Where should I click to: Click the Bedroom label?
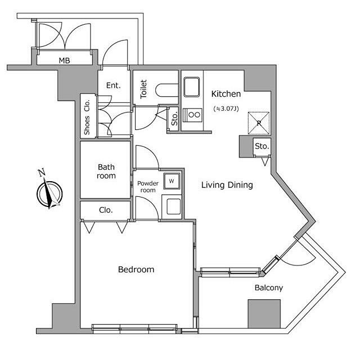tap(136, 269)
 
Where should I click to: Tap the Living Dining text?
tap(227, 185)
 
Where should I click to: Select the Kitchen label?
tap(226, 94)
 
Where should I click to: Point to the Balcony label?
tap(269, 287)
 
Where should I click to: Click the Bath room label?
tap(106, 171)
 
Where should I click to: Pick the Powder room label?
tap(148, 187)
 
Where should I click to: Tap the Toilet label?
tap(143, 89)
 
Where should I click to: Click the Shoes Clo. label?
tap(87, 117)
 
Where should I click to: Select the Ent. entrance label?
tap(114, 85)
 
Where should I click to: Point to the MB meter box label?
tap(64, 61)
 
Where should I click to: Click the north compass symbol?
tap(49, 192)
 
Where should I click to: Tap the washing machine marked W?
tap(172, 181)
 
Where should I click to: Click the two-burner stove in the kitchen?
tap(192, 115)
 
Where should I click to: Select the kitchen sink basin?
tap(191, 87)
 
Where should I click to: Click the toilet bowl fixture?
tap(167, 91)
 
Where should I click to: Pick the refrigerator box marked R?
tap(259, 123)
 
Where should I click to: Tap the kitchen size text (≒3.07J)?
tap(226, 109)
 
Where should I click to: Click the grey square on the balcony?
tap(264, 314)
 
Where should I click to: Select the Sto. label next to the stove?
tap(174, 119)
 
